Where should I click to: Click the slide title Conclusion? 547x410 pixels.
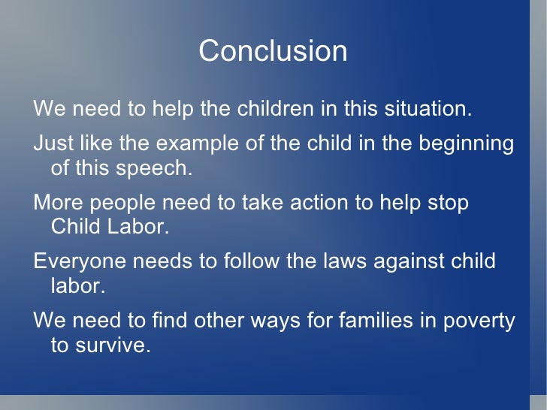point(273,51)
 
